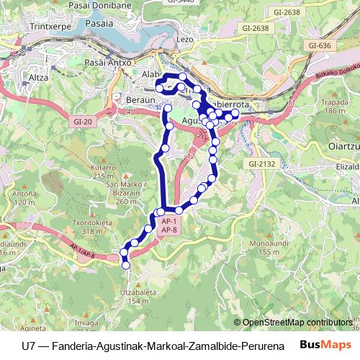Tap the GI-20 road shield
(83, 122)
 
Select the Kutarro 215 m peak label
(104, 172)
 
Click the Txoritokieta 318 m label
(99, 227)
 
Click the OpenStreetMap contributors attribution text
(300, 322)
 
